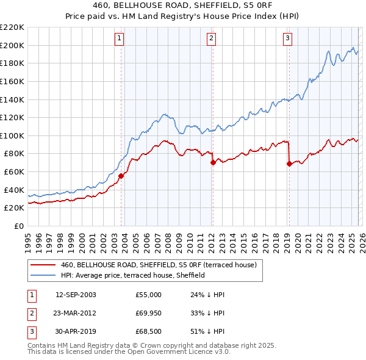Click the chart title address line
183,7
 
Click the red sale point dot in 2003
121,176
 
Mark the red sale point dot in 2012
213,162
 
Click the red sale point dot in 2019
289,164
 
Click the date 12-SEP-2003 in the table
76,295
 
